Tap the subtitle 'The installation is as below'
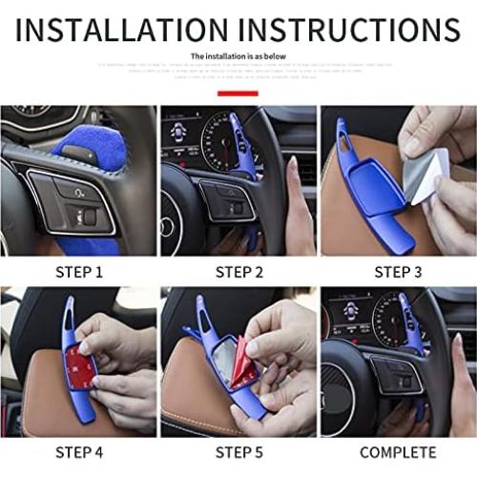point(238,57)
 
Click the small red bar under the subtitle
point(238,93)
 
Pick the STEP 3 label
point(397,272)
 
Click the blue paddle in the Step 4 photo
point(81,382)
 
